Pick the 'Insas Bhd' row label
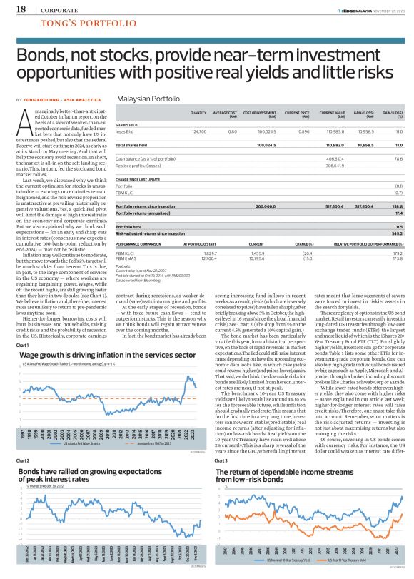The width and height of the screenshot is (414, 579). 126,132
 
